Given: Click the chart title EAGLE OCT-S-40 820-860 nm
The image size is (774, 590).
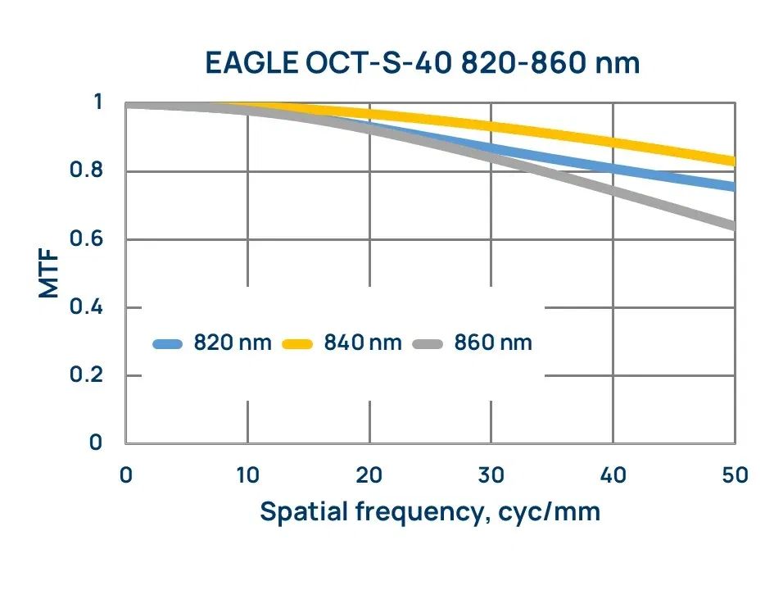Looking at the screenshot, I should pos(421,62).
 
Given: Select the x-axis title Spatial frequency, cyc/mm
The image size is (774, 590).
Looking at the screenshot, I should pos(430,512).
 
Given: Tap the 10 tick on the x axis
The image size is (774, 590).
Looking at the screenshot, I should pos(247,475).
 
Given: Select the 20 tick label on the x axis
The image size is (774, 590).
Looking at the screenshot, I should pos(369,475).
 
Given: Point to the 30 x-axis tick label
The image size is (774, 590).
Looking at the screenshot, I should pos(491,475).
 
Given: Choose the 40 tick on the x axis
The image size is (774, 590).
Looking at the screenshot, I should pos(613,475).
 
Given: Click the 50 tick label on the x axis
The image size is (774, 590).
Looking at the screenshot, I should pos(735,475).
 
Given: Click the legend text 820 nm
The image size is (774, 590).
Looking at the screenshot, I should pos(232,343).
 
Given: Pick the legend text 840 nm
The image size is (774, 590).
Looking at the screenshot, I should pos(363,343).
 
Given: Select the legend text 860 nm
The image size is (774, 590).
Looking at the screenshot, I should pos(493,343).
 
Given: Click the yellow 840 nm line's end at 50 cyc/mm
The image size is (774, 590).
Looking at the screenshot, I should pos(734,161).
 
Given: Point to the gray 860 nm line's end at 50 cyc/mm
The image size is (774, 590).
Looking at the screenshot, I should pos(734,225).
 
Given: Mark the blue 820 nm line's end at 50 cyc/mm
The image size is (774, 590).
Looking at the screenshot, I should pos(734,187).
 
